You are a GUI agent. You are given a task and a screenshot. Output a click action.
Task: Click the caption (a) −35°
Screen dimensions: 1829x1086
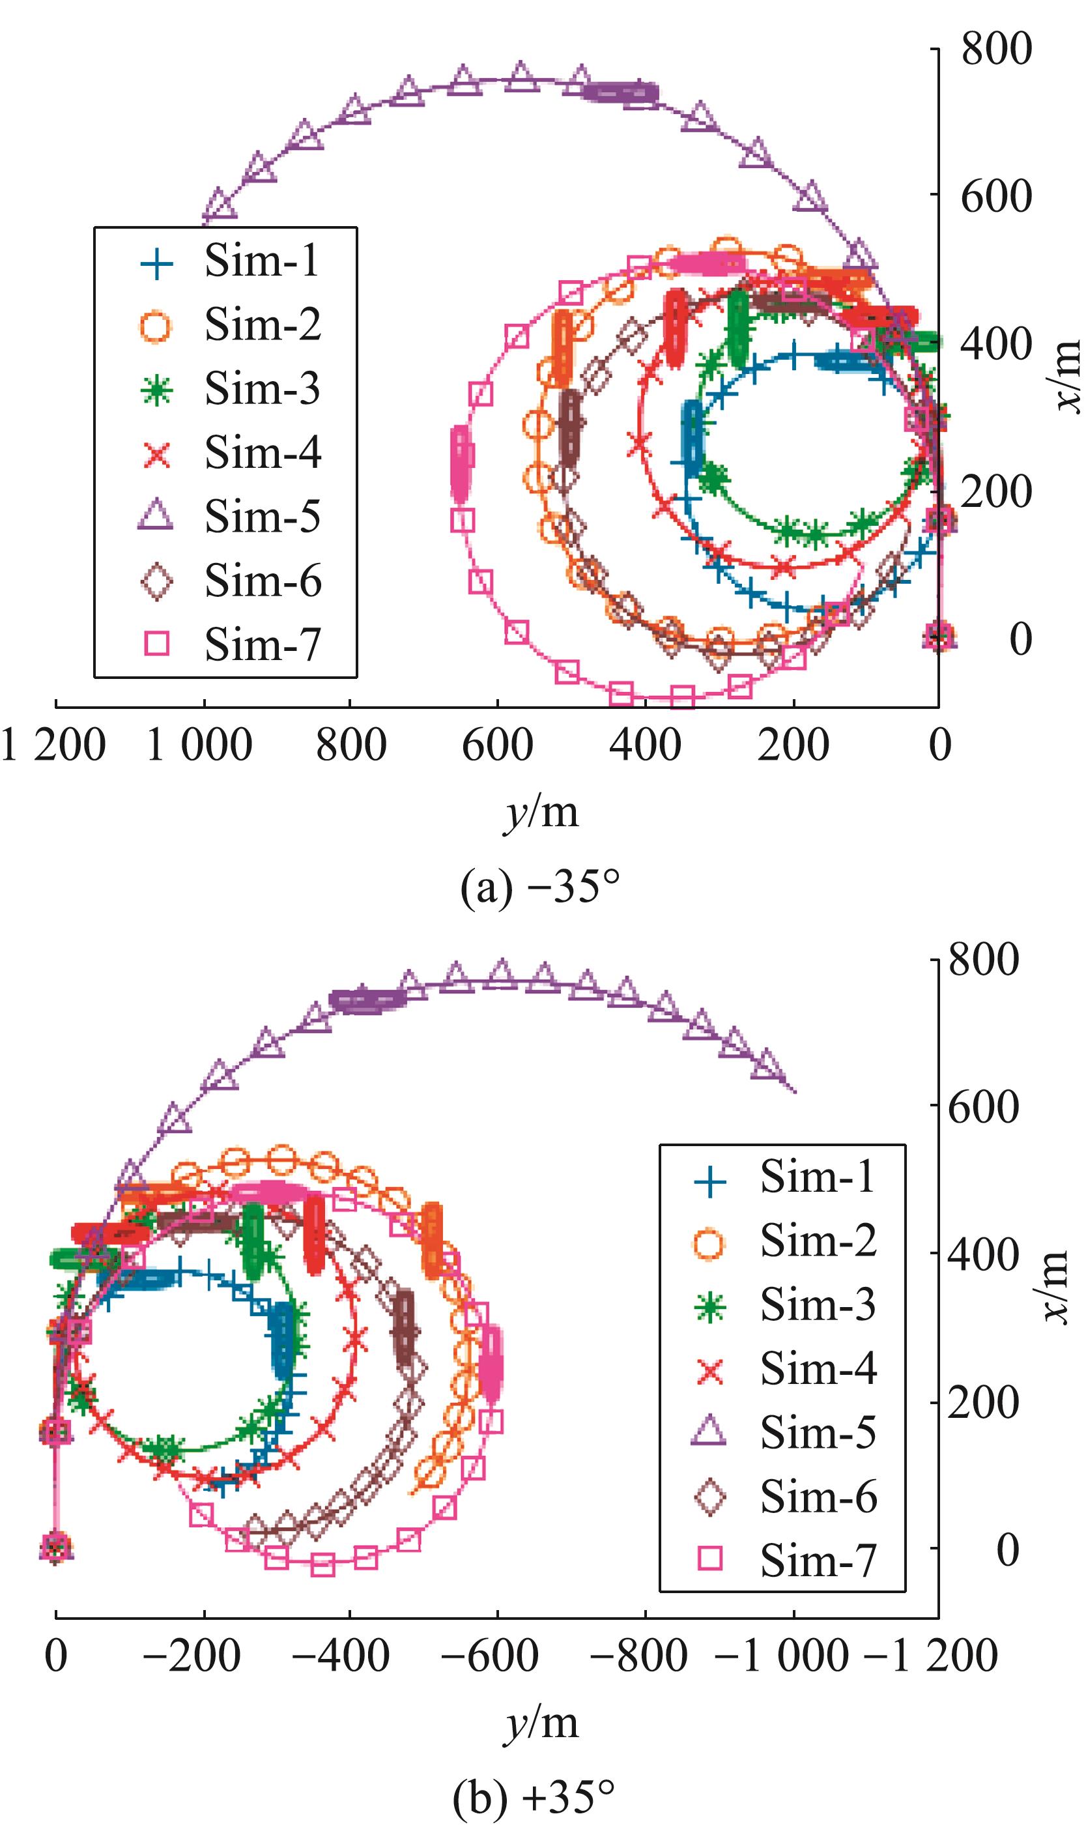click(540, 888)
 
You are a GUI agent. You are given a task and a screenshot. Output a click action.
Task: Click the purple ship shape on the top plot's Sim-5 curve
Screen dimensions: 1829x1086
click(621, 93)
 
